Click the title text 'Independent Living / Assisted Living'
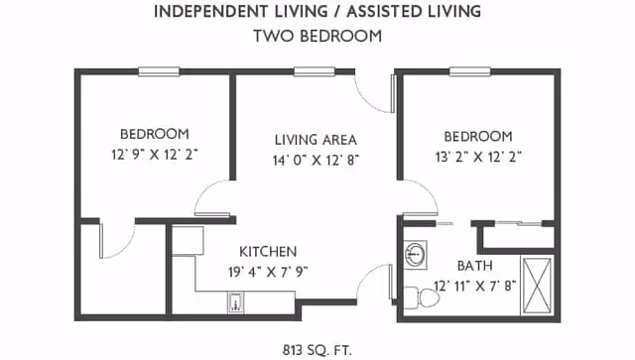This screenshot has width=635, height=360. pos(317,13)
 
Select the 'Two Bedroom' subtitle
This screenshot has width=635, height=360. pos(317,36)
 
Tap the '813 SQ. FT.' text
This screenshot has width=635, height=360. pos(317,348)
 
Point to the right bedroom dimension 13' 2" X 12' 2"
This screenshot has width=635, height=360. pos(477,156)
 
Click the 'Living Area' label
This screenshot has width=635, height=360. pos(316,140)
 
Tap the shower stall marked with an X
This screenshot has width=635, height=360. pos(538,284)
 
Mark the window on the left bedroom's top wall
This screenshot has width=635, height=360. pos(158,70)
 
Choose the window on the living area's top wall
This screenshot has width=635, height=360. pos(314,70)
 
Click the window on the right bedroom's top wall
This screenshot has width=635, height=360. pos(470,70)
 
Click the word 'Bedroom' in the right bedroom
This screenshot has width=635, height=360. pos(477,136)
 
